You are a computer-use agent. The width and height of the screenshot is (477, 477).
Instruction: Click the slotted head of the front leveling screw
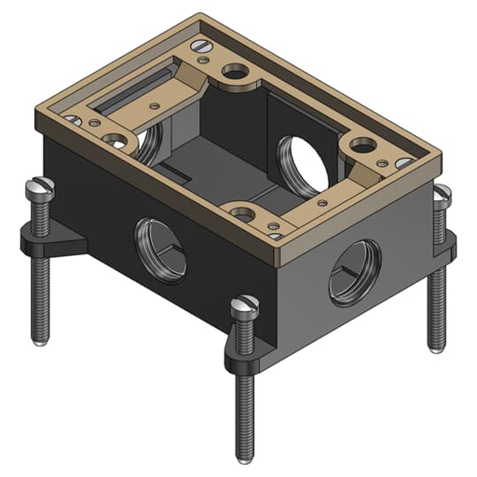(245, 304)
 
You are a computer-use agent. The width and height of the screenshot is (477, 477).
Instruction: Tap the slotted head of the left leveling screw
(42, 186)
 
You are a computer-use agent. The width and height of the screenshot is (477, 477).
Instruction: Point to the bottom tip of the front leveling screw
(245, 457)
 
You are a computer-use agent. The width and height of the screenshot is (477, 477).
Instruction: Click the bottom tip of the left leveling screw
(40, 340)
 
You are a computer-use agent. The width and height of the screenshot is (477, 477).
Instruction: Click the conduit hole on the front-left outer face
(160, 250)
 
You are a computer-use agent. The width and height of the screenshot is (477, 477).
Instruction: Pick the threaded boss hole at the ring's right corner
(361, 145)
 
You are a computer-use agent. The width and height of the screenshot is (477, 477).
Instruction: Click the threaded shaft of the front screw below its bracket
(245, 410)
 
